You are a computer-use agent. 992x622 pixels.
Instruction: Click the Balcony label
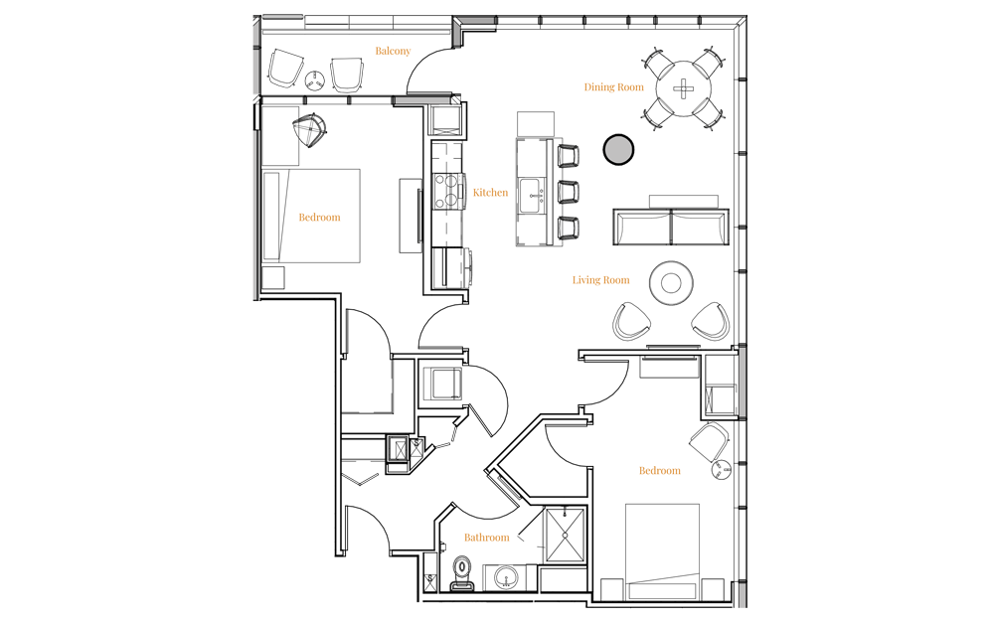click(x=393, y=51)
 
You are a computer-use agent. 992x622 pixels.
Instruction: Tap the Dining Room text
click(x=613, y=87)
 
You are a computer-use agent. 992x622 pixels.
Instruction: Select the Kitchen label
click(x=490, y=193)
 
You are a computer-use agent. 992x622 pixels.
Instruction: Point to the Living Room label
click(x=600, y=280)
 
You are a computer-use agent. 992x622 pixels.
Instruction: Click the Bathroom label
click(x=487, y=538)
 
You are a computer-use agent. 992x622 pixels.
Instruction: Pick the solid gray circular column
click(x=618, y=149)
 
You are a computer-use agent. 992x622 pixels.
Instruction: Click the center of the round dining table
click(x=684, y=88)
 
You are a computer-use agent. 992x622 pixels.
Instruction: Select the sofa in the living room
click(x=671, y=227)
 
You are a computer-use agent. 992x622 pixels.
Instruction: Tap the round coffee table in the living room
click(x=671, y=283)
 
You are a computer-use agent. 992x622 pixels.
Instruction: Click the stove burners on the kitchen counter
click(x=449, y=190)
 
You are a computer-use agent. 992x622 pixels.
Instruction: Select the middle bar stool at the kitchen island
click(x=568, y=191)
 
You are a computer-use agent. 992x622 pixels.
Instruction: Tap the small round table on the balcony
click(x=315, y=78)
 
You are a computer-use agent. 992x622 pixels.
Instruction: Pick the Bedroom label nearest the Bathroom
click(x=659, y=470)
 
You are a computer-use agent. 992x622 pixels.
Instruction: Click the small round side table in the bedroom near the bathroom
click(x=721, y=469)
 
